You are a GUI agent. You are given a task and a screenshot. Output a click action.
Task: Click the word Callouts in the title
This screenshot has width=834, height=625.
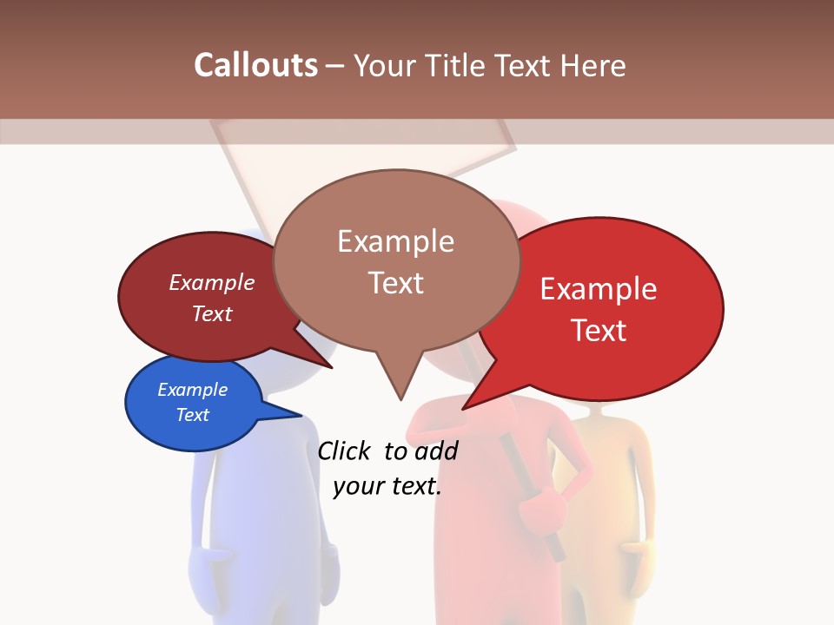(x=255, y=65)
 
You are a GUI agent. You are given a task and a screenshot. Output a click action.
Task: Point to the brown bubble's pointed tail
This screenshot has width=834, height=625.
(x=397, y=382)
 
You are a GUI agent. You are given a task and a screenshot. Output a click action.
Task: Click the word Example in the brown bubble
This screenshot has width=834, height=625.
(x=396, y=241)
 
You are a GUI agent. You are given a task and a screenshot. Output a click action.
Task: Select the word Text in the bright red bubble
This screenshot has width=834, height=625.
(x=599, y=331)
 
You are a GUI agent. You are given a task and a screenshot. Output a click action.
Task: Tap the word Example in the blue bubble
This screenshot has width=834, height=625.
(x=193, y=390)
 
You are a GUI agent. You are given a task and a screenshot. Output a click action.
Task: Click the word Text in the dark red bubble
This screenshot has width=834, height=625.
(x=212, y=313)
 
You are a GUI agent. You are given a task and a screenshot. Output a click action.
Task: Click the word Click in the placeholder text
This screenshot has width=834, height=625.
(x=344, y=451)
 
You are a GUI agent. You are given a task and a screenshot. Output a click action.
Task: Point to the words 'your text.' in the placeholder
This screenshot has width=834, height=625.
(x=387, y=486)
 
